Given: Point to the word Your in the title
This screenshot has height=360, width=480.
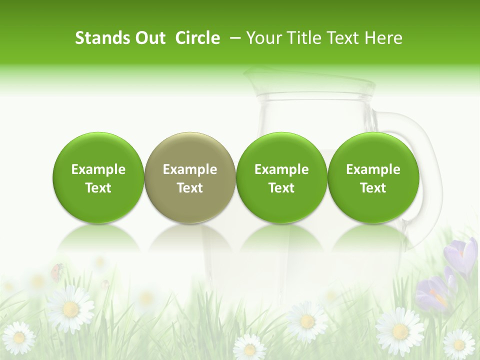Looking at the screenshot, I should coord(263,38).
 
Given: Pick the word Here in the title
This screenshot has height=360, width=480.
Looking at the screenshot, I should coord(383,38).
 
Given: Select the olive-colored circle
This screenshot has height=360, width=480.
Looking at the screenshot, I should coord(189,177).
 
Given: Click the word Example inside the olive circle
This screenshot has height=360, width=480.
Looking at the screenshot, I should coord(189,169).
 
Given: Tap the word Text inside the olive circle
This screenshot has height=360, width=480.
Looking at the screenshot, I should coord(189,188).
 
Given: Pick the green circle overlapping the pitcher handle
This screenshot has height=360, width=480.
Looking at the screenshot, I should coord(373,177).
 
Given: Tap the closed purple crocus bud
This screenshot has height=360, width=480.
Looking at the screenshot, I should coord(464,255).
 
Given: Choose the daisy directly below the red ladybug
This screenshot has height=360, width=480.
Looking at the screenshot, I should coord(70,308).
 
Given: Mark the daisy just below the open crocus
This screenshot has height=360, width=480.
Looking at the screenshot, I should coord(400,330).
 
